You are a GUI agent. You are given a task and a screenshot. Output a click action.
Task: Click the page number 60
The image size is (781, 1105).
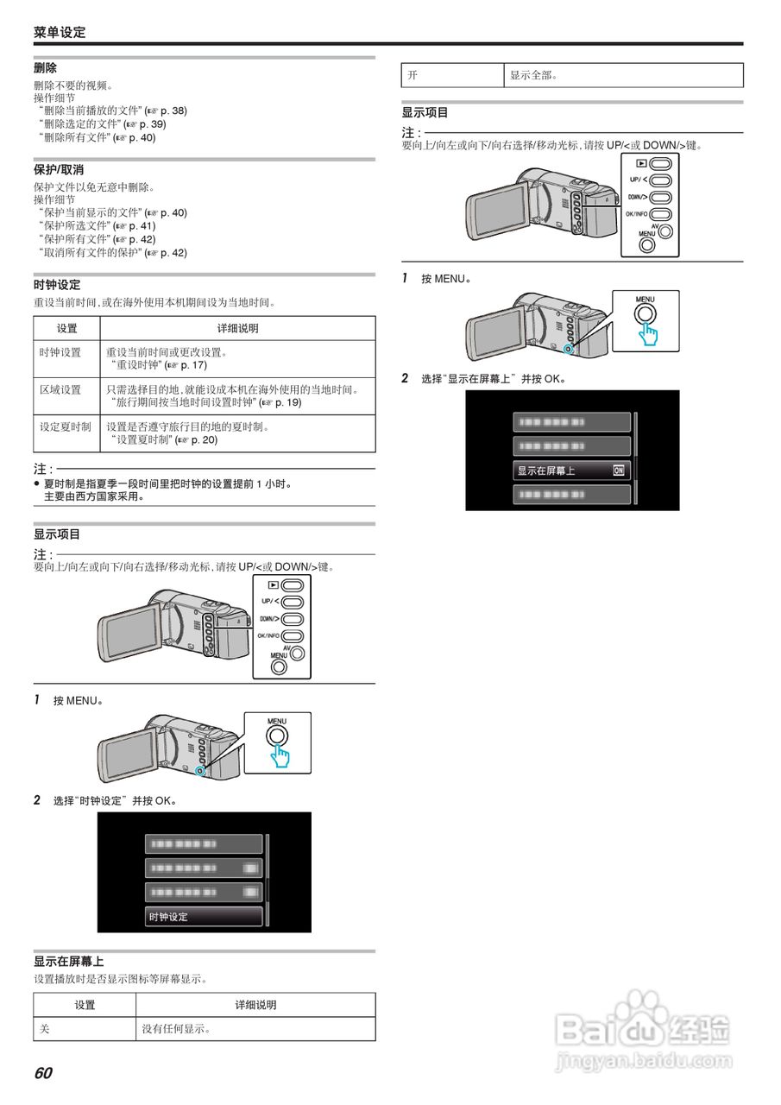[x=43, y=1073]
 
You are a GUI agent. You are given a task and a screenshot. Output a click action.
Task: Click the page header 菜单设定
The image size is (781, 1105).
[x=60, y=33]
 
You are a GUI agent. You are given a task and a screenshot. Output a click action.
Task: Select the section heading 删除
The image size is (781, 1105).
[x=46, y=67]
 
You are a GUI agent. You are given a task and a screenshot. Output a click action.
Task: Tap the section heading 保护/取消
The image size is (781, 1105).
[x=59, y=169]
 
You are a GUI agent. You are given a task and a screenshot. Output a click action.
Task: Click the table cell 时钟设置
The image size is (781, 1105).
[x=60, y=352]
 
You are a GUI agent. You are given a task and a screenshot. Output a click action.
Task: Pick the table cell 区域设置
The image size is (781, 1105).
[x=60, y=389]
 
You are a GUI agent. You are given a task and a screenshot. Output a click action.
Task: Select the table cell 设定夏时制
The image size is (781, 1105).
[x=66, y=426]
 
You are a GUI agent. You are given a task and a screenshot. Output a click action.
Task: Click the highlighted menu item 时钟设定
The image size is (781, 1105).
[x=204, y=917]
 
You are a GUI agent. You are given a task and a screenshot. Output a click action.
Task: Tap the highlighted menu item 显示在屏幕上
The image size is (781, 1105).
[x=570, y=470]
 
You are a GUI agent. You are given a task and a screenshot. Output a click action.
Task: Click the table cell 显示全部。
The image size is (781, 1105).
[x=533, y=75]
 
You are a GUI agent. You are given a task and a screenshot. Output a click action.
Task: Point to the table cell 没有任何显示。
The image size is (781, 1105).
[x=177, y=1029]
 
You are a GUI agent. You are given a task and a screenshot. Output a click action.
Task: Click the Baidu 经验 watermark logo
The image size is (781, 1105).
[x=643, y=1032]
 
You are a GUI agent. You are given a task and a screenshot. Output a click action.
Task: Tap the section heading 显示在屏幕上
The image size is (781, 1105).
[x=69, y=961]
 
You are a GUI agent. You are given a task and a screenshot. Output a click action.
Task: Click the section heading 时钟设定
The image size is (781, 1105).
[x=57, y=284]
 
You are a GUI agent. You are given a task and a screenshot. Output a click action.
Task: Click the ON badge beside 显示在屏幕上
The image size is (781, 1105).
[x=618, y=470]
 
